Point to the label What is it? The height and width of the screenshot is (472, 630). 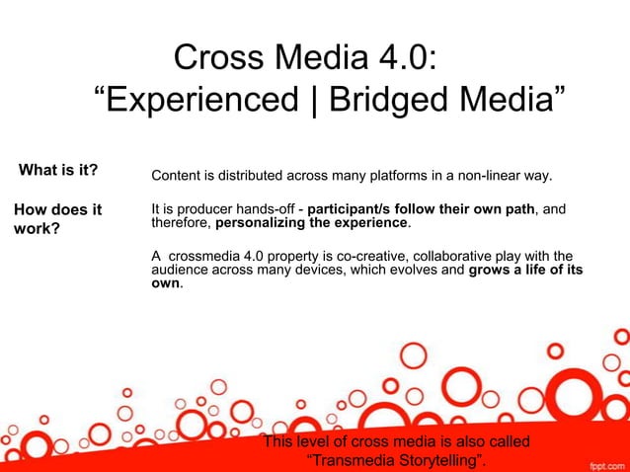pyautogui.click(x=58, y=171)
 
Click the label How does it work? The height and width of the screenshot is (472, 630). pyautogui.click(x=57, y=219)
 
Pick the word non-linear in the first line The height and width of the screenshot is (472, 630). pyautogui.click(x=490, y=177)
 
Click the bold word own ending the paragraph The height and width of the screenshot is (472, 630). pyautogui.click(x=165, y=283)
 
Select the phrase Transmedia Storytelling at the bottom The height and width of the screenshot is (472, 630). pyautogui.click(x=399, y=460)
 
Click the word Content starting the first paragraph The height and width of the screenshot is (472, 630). pyautogui.click(x=176, y=177)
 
